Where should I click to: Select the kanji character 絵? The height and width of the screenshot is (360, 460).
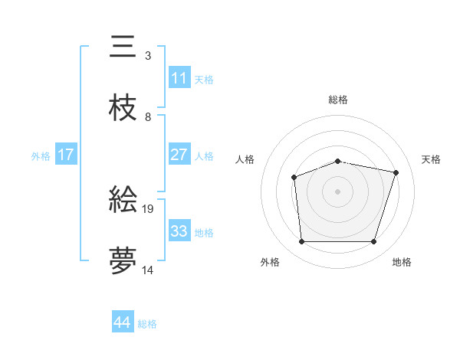click(123, 199)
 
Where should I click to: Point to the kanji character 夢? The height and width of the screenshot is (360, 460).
click(123, 260)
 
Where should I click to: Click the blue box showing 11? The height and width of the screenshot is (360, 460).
click(179, 78)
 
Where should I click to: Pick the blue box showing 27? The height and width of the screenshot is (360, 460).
click(179, 155)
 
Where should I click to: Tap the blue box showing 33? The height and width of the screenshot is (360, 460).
click(179, 231)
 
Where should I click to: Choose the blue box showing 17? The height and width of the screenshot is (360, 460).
click(66, 155)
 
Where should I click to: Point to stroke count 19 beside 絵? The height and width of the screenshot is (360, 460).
click(148, 208)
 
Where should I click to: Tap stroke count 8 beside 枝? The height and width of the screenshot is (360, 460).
click(148, 117)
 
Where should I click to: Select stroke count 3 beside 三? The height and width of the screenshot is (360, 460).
click(148, 56)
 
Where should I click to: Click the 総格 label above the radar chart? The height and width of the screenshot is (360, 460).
click(338, 100)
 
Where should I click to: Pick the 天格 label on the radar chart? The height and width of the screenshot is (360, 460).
click(432, 159)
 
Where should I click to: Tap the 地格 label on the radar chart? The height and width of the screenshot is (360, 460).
click(402, 263)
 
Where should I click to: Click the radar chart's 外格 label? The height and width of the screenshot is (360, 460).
click(270, 263)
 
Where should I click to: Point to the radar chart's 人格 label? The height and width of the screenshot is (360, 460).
click(245, 159)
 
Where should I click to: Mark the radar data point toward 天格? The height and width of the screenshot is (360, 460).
click(396, 172)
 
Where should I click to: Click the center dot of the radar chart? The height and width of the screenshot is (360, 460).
click(338, 191)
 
